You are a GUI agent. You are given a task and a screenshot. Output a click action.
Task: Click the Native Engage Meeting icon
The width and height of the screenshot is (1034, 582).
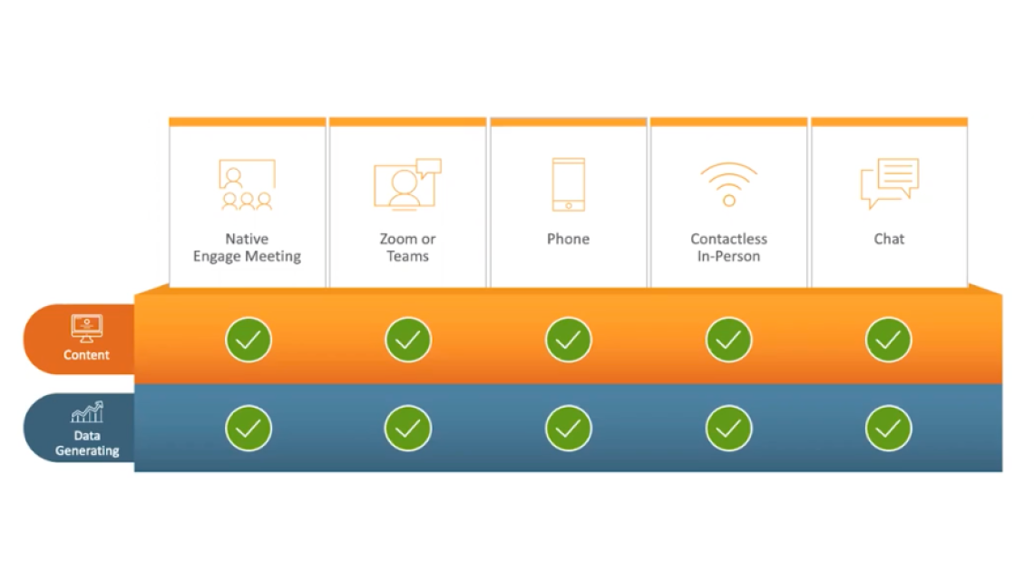click(x=247, y=184)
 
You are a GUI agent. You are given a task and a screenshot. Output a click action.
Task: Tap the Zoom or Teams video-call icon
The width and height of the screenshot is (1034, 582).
click(x=407, y=184)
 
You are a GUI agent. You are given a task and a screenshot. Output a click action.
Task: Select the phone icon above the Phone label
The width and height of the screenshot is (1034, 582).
click(x=569, y=184)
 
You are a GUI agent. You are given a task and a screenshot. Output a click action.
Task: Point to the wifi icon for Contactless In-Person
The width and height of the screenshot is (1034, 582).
click(x=728, y=184)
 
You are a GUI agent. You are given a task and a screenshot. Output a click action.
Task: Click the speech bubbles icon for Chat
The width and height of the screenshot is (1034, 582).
click(x=889, y=183)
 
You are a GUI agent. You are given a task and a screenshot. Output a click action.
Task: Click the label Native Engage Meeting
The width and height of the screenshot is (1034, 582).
click(x=247, y=248)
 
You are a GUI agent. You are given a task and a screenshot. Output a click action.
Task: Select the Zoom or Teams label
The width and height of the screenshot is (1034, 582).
click(x=407, y=248)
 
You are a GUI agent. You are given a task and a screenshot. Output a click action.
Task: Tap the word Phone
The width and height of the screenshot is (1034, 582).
click(x=569, y=239)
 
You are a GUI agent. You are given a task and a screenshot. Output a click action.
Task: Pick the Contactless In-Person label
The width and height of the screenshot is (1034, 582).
click(x=728, y=248)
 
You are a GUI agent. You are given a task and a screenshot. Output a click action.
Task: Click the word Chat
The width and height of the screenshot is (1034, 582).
click(x=889, y=239)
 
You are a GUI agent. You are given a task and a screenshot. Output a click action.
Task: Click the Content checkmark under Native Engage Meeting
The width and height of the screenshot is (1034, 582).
click(x=248, y=340)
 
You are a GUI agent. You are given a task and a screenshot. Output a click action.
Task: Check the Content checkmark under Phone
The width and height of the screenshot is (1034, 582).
click(x=569, y=340)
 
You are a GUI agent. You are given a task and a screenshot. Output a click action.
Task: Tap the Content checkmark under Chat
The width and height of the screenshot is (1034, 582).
click(x=889, y=340)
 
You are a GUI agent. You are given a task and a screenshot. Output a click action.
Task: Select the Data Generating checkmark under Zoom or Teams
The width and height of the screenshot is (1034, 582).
click(x=408, y=428)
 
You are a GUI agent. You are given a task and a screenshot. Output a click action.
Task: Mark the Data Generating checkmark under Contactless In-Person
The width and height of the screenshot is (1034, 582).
click(x=728, y=428)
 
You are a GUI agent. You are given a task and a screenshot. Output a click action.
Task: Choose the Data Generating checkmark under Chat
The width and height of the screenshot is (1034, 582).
click(x=889, y=428)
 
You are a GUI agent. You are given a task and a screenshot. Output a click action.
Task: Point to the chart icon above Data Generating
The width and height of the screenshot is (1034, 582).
click(x=87, y=413)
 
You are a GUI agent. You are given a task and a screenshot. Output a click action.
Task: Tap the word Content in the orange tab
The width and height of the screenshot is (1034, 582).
click(x=87, y=355)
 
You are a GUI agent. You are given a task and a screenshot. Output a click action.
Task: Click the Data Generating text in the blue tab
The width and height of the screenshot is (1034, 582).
click(x=87, y=443)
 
